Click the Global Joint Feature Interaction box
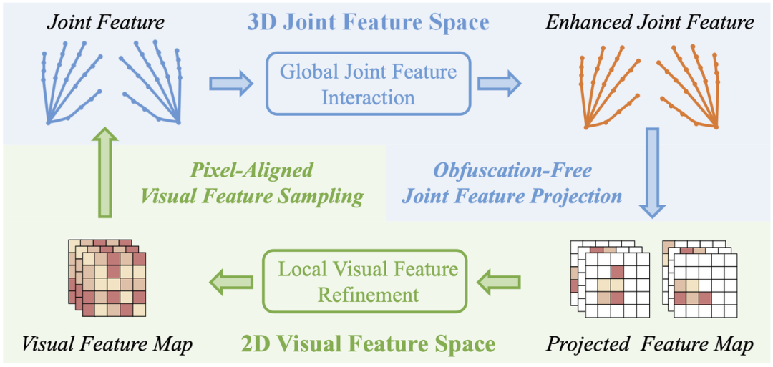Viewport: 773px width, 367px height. [368, 84]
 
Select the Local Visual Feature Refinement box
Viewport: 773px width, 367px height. [368, 280]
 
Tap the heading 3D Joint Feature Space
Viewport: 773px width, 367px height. [368, 22]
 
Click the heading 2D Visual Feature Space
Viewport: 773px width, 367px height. [368, 344]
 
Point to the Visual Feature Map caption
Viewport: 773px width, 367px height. [107, 344]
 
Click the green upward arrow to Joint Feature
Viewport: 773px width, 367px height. [106, 172]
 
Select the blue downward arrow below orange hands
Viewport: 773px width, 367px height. [652, 172]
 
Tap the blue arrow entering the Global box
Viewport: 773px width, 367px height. [230, 84]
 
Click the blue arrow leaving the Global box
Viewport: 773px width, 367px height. [499, 84]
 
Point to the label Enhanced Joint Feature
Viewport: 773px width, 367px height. [649, 22]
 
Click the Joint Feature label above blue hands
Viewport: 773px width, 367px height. [106, 22]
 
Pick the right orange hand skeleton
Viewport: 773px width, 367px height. [687, 86]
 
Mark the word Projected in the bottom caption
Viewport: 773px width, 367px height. [588, 345]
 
